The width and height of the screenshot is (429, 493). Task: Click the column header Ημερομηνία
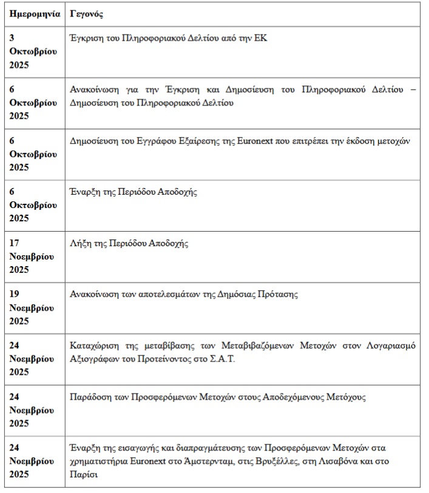click(35, 13)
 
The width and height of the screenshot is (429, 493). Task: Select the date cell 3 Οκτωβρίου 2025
click(33, 52)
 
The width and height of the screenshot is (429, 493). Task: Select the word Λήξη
click(82, 243)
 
